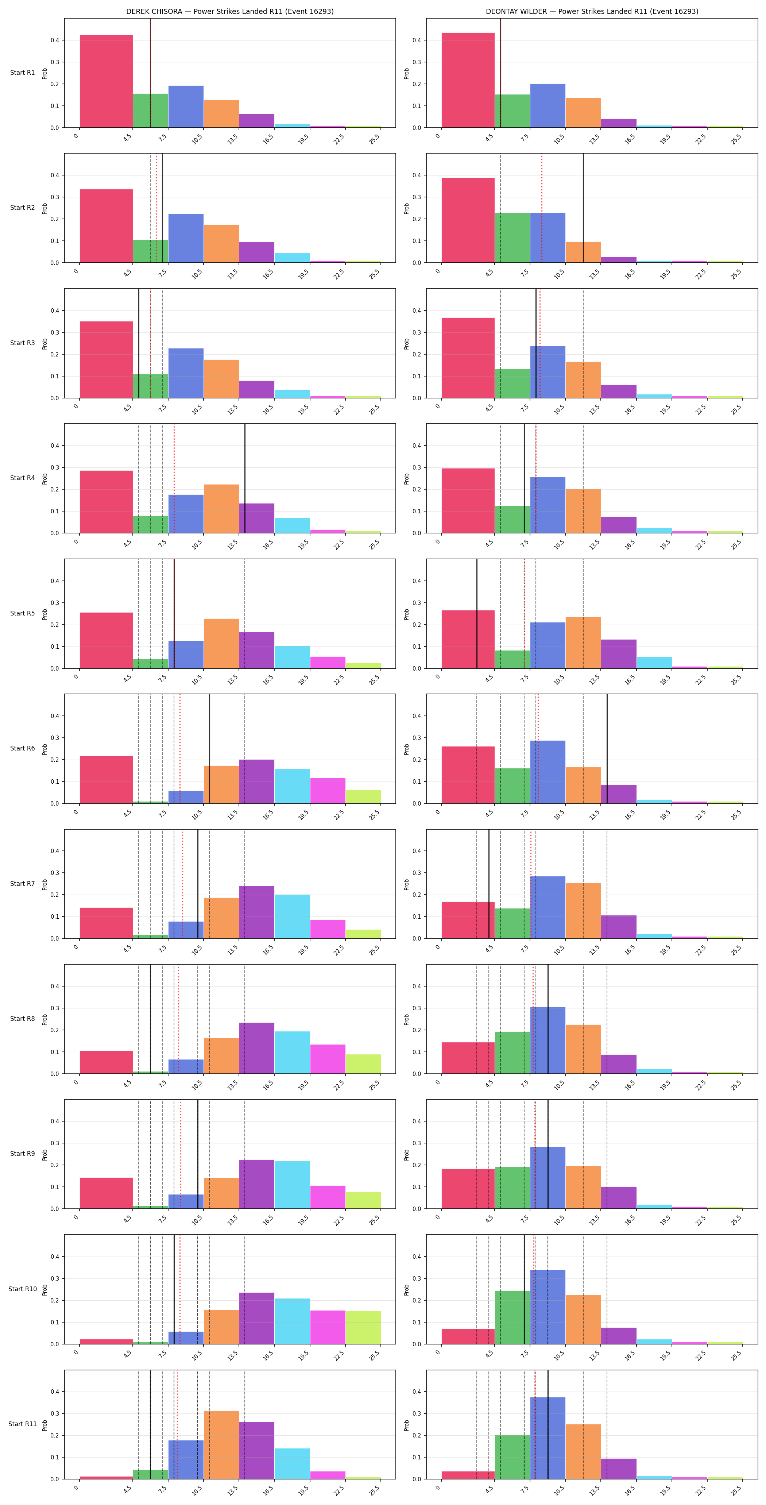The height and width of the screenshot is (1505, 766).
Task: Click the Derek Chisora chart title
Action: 230,11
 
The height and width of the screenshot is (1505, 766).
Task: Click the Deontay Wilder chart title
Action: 592,11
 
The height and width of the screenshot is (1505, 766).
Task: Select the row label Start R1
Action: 22,73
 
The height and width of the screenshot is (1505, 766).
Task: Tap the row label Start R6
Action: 22,748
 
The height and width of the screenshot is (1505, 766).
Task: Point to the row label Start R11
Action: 22,1424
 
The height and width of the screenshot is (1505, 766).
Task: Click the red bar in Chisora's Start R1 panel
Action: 107,81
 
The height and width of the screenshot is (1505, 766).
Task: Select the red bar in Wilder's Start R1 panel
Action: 468,80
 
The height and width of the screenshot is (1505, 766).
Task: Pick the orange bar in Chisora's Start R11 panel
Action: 221,1445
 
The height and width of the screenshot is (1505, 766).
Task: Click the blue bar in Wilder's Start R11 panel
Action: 548,1438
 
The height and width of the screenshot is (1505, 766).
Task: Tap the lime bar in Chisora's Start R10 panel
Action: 363,1327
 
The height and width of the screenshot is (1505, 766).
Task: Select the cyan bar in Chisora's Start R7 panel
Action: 292,916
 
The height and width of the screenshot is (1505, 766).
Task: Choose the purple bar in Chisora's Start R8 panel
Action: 256,1048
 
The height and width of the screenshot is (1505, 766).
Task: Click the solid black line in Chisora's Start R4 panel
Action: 245,478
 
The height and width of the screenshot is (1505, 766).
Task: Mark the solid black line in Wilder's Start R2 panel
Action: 583,208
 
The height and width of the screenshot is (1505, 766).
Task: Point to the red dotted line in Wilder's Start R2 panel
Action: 542,208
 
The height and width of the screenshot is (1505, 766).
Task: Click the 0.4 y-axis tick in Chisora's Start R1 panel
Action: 55,40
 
